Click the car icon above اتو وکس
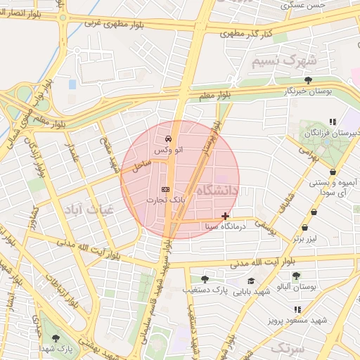click(168, 139)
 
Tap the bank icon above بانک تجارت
click(165, 189)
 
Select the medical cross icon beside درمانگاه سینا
click(225, 216)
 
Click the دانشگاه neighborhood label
click(219, 191)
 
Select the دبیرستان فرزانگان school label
click(331, 133)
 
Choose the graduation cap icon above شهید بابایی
click(251, 281)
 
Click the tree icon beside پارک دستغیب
click(205, 279)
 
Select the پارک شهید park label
click(56, 348)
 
